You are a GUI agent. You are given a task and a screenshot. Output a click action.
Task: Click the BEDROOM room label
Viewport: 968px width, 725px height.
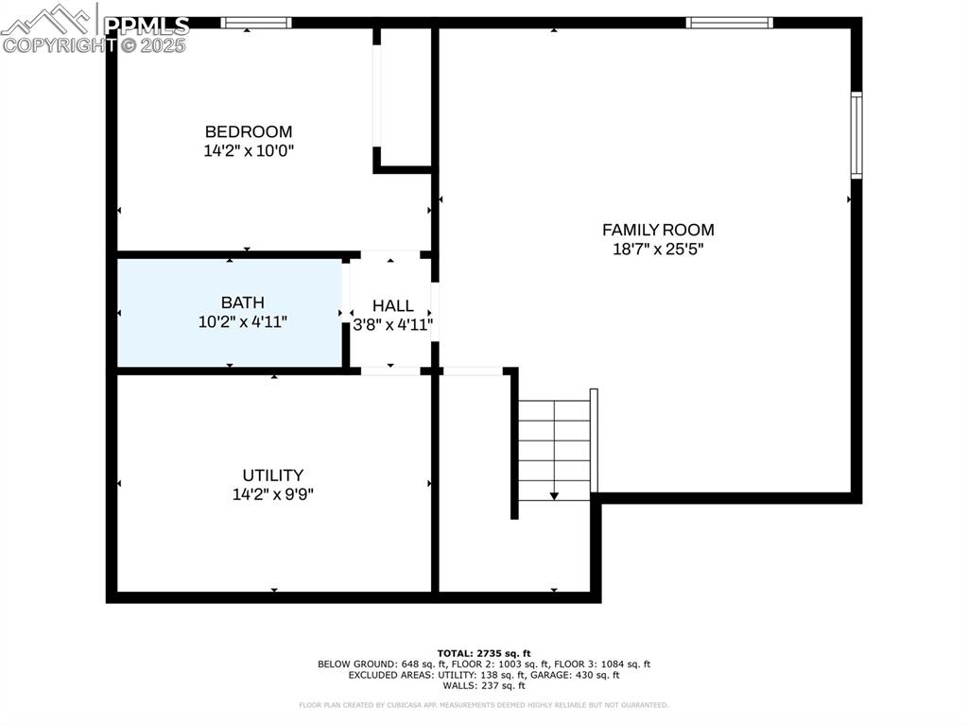click(249, 131)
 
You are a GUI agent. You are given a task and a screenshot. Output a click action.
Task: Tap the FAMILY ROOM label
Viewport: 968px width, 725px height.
click(658, 230)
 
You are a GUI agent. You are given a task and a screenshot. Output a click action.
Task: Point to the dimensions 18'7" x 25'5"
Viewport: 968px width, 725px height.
click(658, 250)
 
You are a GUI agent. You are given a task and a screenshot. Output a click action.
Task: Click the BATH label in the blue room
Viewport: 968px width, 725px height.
click(242, 302)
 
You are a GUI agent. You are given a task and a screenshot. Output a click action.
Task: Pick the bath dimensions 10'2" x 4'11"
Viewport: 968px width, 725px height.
click(242, 321)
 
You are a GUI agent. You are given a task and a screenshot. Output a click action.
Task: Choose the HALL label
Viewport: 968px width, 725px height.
click(392, 305)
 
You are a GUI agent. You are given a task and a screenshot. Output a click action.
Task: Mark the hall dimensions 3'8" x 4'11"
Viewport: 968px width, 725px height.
click(392, 325)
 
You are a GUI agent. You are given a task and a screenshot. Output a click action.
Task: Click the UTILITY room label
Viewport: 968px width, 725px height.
click(272, 475)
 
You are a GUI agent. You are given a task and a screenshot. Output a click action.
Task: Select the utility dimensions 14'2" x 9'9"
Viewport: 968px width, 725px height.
click(272, 493)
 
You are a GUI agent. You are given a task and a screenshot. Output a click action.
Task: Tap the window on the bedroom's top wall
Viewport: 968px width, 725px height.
click(256, 22)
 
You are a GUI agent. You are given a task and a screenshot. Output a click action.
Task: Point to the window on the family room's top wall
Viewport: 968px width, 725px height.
click(729, 22)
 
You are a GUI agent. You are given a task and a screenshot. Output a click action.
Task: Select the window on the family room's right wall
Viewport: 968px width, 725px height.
click(856, 135)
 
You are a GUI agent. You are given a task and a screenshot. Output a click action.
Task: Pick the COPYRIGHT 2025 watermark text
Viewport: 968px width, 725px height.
click(95, 44)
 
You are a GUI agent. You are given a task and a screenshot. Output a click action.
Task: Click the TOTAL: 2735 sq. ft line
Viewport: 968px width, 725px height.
click(484, 653)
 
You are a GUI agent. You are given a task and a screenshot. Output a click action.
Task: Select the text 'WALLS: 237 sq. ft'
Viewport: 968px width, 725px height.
click(484, 686)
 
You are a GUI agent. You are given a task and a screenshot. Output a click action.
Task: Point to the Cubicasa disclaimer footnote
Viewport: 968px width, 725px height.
click(484, 705)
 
